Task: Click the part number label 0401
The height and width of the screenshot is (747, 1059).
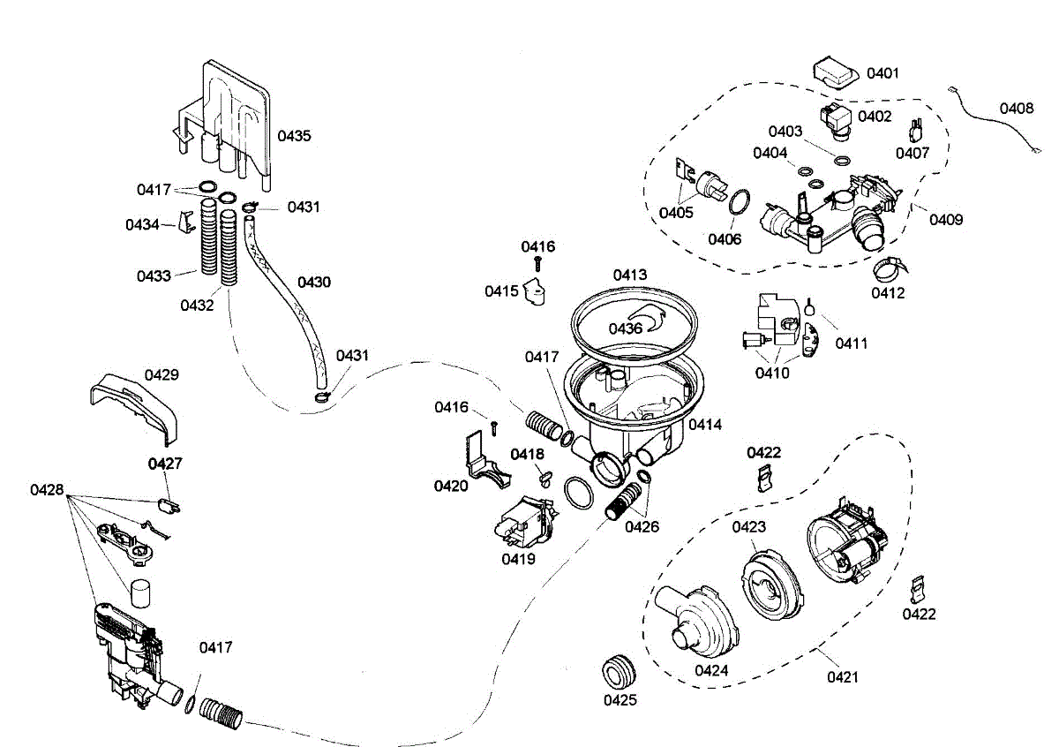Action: point(882,73)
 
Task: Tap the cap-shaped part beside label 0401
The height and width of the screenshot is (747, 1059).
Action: point(836,73)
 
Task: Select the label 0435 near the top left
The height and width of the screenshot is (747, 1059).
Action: point(294,136)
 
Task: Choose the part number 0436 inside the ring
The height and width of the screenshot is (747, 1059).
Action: point(625,328)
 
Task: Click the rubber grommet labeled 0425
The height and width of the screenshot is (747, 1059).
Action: point(619,672)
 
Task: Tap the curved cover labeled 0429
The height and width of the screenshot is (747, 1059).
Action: point(134,407)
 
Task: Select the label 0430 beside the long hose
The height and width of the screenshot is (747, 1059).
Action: point(314,283)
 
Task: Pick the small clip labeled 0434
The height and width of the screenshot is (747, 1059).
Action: point(186,222)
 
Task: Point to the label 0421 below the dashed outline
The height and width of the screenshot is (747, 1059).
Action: point(843,677)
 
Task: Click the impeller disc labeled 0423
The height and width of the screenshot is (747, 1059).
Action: point(770,585)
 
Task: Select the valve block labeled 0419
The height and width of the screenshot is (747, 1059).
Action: point(526,524)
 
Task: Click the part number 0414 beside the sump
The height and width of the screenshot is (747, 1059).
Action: point(705,425)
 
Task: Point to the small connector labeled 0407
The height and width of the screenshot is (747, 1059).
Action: point(916,130)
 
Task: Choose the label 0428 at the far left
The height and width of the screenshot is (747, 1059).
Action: point(47,490)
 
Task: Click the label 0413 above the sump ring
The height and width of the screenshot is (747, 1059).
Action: point(630,275)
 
